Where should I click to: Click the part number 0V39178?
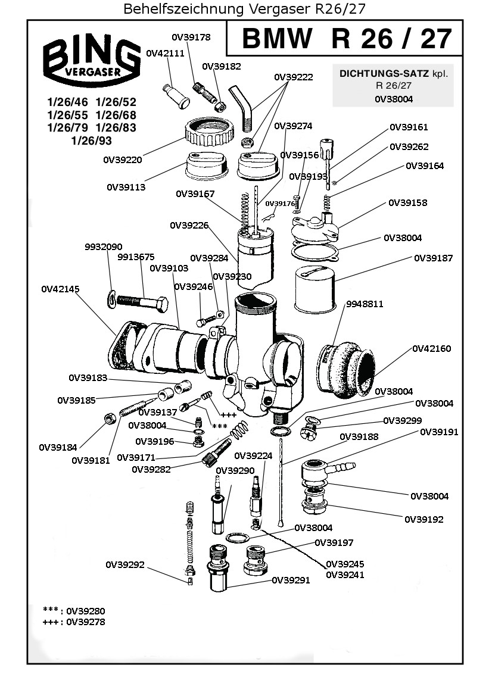click(x=191, y=37)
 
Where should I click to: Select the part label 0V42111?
click(x=165, y=53)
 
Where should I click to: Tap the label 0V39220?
click(x=123, y=160)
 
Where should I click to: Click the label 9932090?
click(x=103, y=246)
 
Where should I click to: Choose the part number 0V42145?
click(x=60, y=289)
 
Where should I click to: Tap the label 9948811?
click(x=365, y=304)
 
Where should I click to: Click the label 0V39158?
click(x=407, y=202)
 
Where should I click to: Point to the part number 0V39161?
click(x=409, y=127)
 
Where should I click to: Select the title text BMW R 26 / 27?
click(x=346, y=39)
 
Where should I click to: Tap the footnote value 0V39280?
click(x=86, y=611)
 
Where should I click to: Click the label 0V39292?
click(x=125, y=564)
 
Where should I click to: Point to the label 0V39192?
click(x=424, y=519)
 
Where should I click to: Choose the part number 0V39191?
click(x=440, y=432)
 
